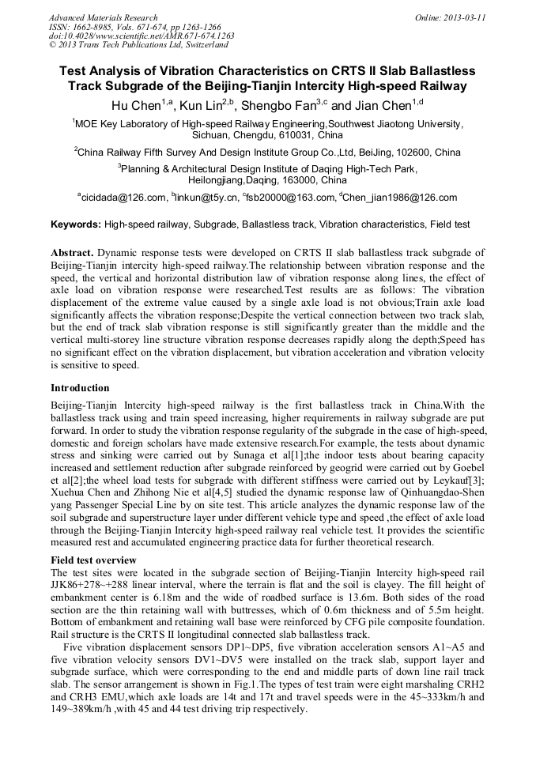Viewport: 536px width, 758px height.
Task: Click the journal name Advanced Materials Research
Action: [x=103, y=17]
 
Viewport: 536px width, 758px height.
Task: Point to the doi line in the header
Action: [x=141, y=36]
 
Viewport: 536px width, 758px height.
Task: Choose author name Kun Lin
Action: [x=202, y=105]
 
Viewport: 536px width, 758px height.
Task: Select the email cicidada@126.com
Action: [x=123, y=198]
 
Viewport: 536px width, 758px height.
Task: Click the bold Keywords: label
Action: [x=76, y=224]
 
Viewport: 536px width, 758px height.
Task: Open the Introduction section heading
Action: [x=80, y=388]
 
